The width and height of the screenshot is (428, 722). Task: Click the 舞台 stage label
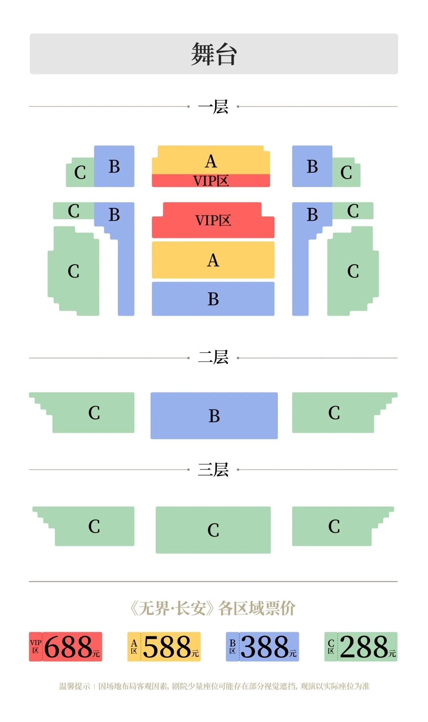click(214, 54)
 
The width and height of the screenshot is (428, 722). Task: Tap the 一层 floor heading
click(213, 107)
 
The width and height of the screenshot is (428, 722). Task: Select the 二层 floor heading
click(213, 357)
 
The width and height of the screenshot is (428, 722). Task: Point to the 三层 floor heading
click(213, 469)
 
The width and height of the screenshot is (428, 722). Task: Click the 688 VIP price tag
click(66, 646)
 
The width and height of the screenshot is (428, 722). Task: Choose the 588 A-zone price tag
click(164, 646)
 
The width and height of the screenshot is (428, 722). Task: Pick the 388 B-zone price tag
click(262, 646)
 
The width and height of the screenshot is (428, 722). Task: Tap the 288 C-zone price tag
click(361, 646)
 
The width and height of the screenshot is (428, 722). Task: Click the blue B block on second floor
click(214, 416)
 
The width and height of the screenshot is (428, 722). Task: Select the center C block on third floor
click(213, 530)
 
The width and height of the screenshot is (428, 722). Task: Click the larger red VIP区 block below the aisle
click(213, 220)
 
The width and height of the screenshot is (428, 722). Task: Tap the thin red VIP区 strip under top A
click(211, 181)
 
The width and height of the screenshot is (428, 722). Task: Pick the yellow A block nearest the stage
click(211, 160)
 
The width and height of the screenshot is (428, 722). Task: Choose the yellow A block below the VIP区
click(213, 260)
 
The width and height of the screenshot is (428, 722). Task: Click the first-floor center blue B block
click(213, 299)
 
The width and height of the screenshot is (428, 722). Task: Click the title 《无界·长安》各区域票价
click(213, 608)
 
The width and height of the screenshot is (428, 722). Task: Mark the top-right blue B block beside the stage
click(312, 166)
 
